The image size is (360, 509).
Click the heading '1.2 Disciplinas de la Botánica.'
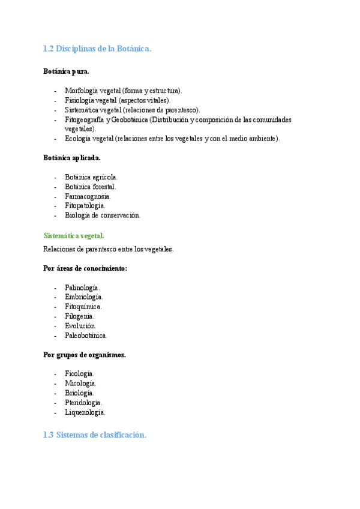(x=97, y=49)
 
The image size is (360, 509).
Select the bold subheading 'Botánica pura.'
(x=66, y=71)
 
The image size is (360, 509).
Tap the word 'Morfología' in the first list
(x=82, y=91)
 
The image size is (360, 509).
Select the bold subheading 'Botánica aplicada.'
(x=72, y=158)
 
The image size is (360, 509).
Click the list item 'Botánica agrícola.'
(x=91, y=177)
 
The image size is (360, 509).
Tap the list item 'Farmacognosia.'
(x=88, y=196)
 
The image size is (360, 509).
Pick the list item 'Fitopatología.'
(x=85, y=206)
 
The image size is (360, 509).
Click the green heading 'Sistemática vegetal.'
(x=74, y=236)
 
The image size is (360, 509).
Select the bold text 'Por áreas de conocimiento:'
(x=85, y=268)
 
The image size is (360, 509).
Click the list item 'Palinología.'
(x=83, y=288)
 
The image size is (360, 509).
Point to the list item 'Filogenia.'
(x=79, y=316)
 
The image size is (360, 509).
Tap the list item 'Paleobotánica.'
(x=86, y=336)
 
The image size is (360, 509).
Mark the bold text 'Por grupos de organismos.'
(x=85, y=355)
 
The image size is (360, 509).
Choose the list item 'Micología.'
(x=81, y=384)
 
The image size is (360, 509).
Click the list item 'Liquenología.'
(x=85, y=412)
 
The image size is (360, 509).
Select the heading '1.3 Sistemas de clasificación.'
(x=95, y=435)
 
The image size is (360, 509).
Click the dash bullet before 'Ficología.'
(x=55, y=374)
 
